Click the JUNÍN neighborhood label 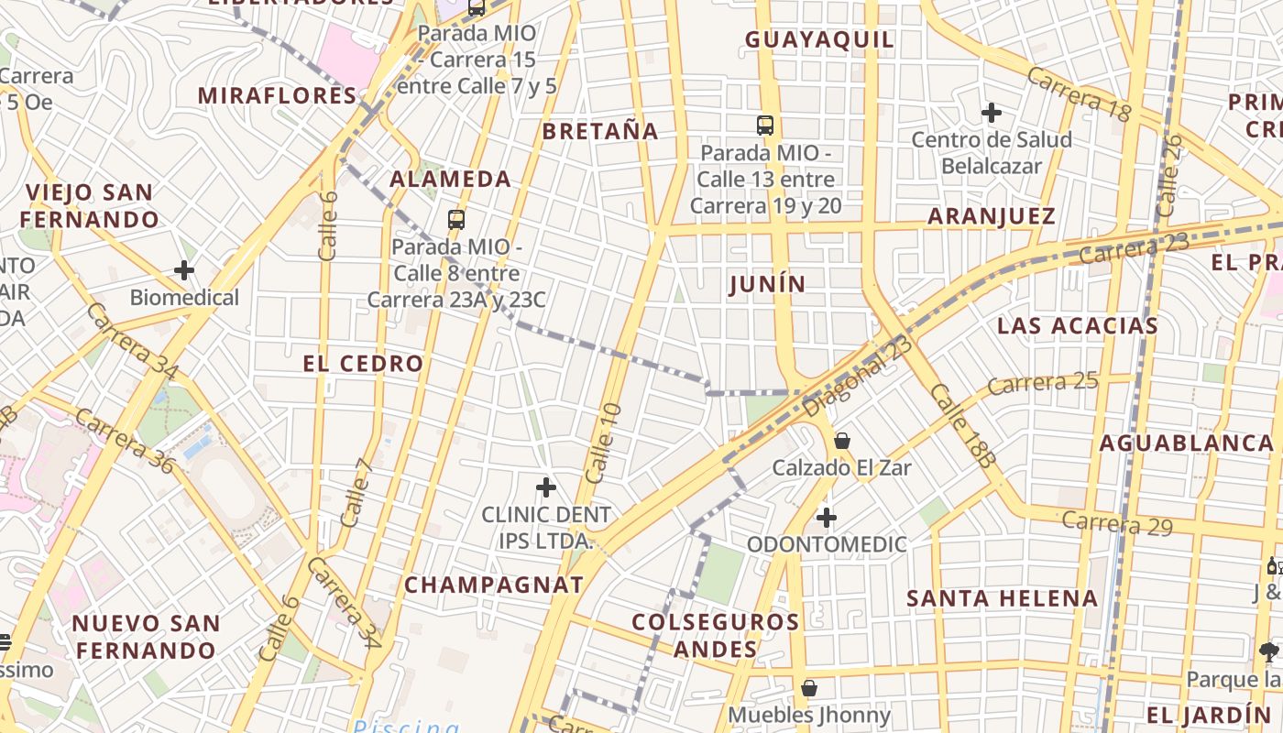pos(768,285)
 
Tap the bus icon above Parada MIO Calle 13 pos(765,126)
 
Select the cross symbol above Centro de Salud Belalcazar pos(991,113)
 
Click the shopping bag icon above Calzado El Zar pos(841,442)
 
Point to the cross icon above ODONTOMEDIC pos(827,518)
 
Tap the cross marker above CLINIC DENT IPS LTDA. pos(546,487)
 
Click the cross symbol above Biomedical pos(184,270)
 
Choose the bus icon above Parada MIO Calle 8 pos(456,219)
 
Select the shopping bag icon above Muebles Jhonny pos(809,687)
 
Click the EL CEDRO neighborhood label pos(363,364)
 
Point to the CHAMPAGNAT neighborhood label pos(494,585)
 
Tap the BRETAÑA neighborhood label pos(600,132)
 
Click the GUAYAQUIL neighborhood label pos(819,40)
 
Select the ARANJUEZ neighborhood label pos(992,217)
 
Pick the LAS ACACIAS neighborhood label pos(1078,326)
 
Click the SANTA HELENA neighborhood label pos(1002,599)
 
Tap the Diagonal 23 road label pos(859,377)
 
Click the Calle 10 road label pos(603,443)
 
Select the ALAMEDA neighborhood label pos(451,180)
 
